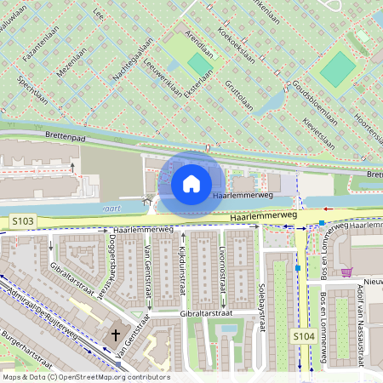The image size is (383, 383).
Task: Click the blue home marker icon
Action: point(191,183)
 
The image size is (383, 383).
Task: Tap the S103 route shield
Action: point(23,221)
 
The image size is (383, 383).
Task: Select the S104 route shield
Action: point(304,337)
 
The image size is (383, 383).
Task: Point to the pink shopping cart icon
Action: point(346,272)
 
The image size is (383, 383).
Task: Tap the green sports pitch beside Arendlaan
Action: point(201,64)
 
